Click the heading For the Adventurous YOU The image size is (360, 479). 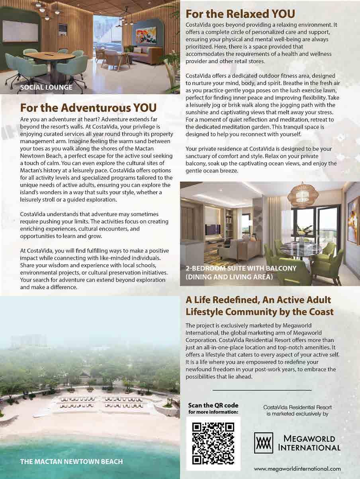(x=88, y=108)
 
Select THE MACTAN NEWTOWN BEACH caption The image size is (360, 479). (x=71, y=461)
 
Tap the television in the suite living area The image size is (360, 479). (x=209, y=230)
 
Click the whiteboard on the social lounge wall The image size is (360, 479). (x=20, y=31)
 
